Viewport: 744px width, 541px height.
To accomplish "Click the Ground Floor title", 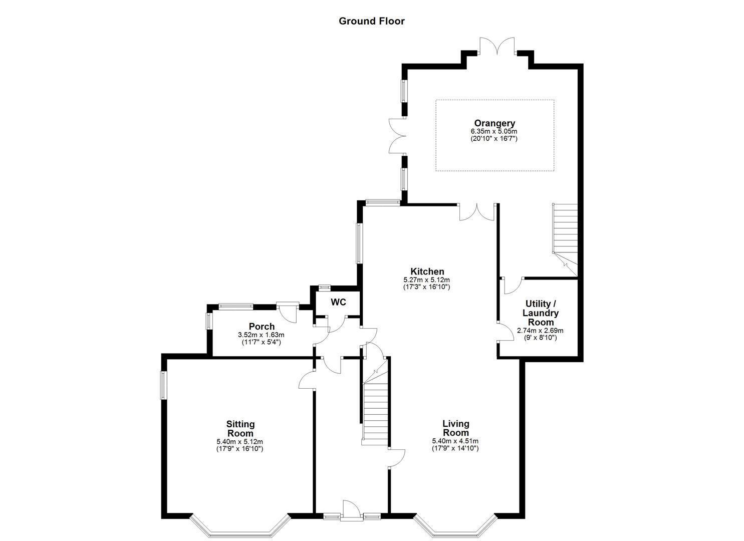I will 371,21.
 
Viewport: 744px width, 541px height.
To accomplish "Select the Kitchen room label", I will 427,272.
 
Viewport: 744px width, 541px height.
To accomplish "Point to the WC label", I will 338,303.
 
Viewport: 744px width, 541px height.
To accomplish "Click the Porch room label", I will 262,327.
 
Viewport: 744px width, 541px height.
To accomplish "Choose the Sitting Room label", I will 240,429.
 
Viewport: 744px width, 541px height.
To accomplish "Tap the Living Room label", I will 455,428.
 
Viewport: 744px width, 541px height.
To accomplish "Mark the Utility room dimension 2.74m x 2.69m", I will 540,331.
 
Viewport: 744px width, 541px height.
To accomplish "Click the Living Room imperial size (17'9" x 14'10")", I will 455,448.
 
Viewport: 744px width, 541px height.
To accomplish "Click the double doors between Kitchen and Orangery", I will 476,212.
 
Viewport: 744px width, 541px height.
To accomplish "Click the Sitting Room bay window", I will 240,528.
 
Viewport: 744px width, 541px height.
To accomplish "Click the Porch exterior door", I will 288,311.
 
